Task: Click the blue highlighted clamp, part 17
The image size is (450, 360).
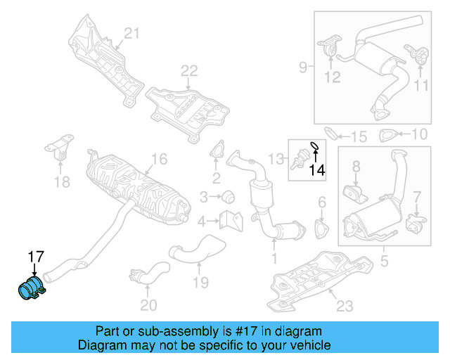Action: (30, 289)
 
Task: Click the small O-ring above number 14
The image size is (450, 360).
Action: (315, 147)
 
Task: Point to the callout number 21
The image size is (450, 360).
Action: (133, 32)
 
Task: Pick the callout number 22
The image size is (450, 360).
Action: (189, 70)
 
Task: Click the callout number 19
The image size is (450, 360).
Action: (201, 283)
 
